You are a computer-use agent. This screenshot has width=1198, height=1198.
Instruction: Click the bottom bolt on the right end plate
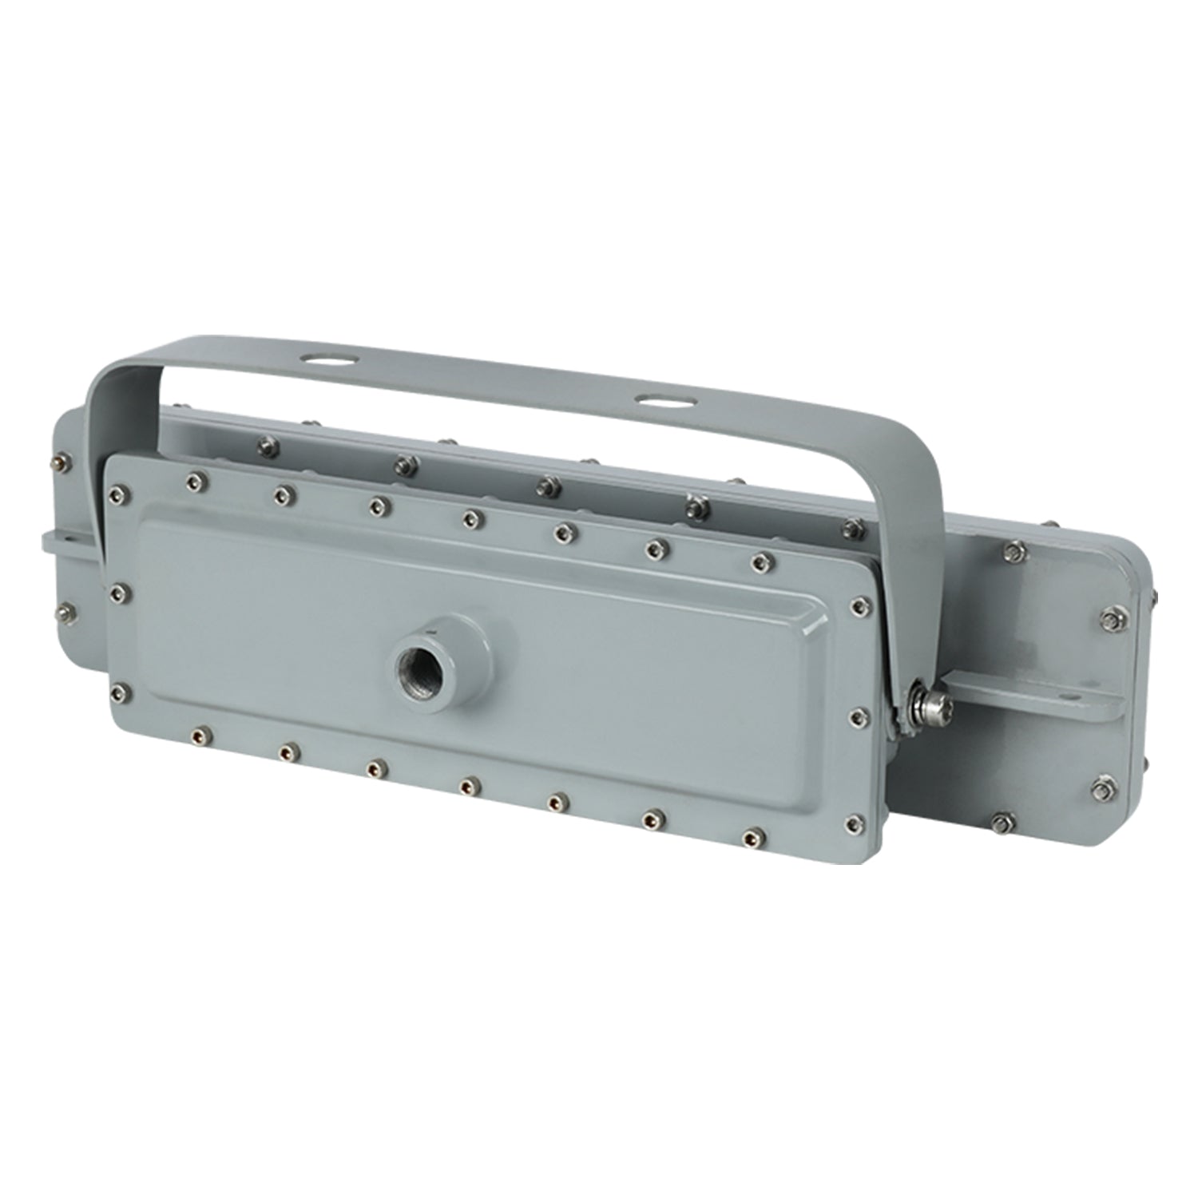coord(1000,819)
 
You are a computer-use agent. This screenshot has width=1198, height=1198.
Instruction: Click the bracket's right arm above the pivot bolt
coord(918,559)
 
